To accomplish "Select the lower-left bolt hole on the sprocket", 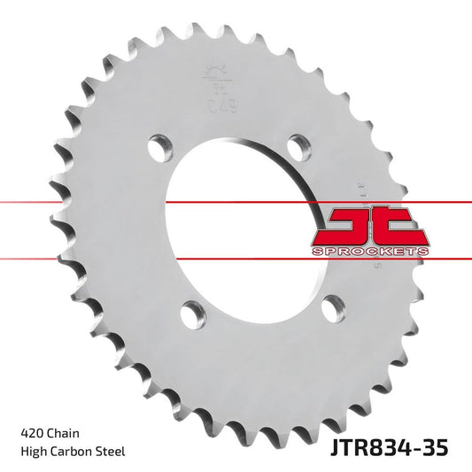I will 192,312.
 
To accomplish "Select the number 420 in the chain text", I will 29,434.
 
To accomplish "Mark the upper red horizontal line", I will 89,203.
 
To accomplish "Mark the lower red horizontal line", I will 89,259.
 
